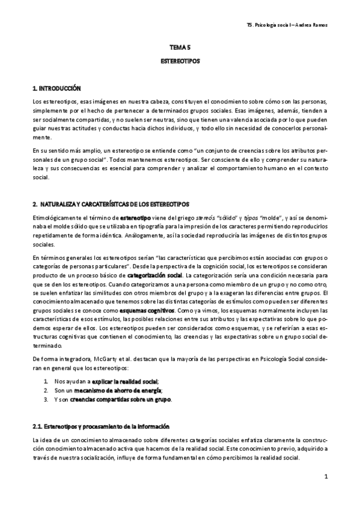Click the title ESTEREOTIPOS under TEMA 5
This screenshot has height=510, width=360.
pyautogui.click(x=180, y=61)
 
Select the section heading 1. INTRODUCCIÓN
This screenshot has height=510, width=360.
pyautogui.click(x=56, y=88)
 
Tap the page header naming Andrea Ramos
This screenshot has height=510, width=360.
pyautogui.click(x=290, y=25)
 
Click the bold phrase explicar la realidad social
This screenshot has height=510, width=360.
pyautogui.click(x=125, y=381)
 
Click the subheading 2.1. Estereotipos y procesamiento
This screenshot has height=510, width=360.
pyautogui.click(x=101, y=426)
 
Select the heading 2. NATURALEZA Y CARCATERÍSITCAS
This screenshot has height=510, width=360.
pyautogui.click(x=111, y=205)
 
